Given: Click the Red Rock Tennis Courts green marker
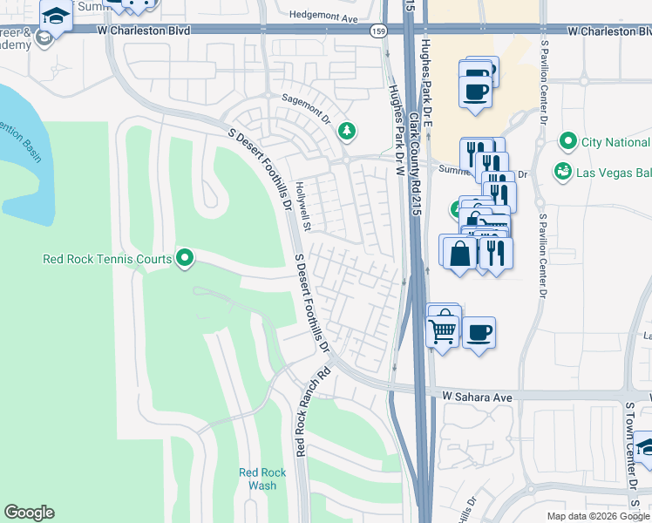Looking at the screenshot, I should [x=185, y=258].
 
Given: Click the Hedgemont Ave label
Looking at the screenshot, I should [x=323, y=17].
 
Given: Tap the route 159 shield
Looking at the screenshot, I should [x=378, y=31].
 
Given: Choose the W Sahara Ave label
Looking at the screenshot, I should [x=476, y=396].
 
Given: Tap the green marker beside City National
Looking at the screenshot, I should [x=568, y=141].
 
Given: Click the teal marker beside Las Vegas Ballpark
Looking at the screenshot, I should [x=563, y=171].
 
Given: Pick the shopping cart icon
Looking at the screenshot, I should [x=443, y=330].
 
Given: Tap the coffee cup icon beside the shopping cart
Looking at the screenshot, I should [x=479, y=332].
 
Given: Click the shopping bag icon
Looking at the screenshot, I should [x=459, y=253].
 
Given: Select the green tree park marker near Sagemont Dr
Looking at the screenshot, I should [x=348, y=131].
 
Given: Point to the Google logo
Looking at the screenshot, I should [x=29, y=513].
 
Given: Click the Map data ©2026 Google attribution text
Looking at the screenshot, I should [x=597, y=516].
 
